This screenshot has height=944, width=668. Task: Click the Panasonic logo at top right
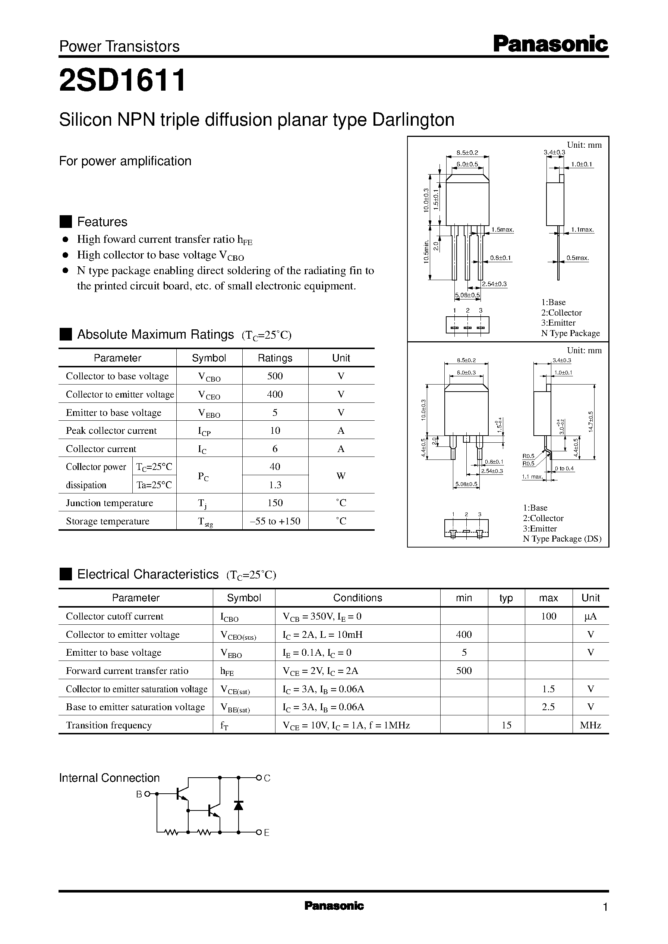550,44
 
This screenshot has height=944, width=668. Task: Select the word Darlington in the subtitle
413,120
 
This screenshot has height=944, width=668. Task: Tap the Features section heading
102,222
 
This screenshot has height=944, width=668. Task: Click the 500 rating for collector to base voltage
275,376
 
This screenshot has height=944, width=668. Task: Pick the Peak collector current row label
111,430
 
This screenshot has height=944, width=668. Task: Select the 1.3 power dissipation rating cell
275,485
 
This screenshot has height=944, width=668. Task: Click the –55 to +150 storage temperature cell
275,521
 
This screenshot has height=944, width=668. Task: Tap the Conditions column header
357,598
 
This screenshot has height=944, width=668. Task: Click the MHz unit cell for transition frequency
590,725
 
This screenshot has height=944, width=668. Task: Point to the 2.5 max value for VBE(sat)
548,706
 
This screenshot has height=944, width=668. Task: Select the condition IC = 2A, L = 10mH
322,634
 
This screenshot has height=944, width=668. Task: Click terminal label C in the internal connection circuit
267,778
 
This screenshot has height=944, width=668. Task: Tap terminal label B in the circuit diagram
139,794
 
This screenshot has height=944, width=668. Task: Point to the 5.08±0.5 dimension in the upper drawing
467,295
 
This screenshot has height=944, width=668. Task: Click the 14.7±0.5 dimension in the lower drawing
591,421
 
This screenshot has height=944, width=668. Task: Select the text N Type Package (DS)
562,539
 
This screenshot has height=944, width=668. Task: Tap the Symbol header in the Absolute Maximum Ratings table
209,358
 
